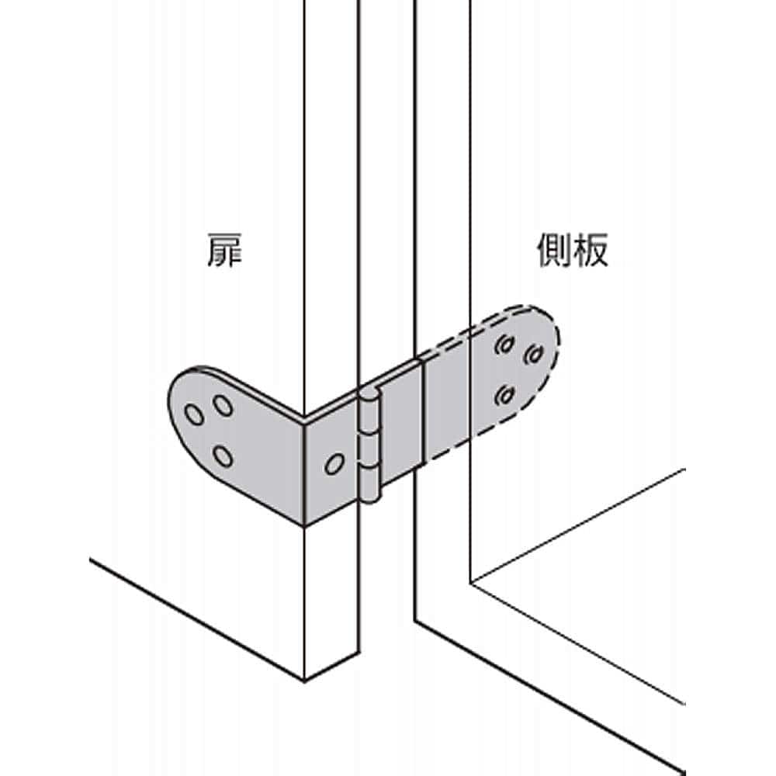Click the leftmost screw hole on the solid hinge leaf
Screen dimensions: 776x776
tap(194, 415)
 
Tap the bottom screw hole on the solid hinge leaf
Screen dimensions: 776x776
tap(223, 456)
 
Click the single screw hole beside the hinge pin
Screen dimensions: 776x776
tap(334, 463)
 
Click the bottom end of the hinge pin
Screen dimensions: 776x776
tap(371, 497)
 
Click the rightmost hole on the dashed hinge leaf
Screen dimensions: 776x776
tap(532, 355)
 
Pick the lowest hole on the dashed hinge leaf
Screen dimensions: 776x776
tap(505, 397)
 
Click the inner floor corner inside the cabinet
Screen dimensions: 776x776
tap(472, 582)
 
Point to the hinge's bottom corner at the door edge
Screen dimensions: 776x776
tap(303, 525)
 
